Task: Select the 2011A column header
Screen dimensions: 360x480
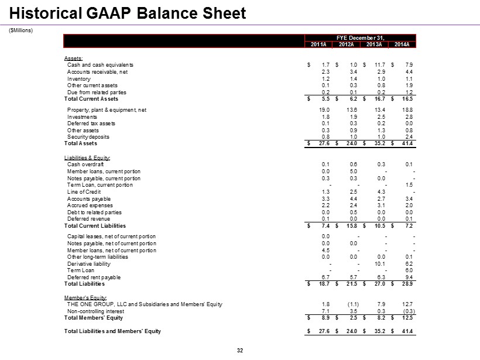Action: [x=319, y=44]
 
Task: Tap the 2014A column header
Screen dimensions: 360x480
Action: [x=402, y=44]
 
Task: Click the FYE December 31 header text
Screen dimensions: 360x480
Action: [x=361, y=37]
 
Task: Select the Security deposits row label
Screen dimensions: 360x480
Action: [x=88, y=136]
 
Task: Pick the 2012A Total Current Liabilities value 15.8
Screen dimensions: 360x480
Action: [x=350, y=226]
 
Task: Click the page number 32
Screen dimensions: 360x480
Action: [x=239, y=351]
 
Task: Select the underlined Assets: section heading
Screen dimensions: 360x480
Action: [x=74, y=57]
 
